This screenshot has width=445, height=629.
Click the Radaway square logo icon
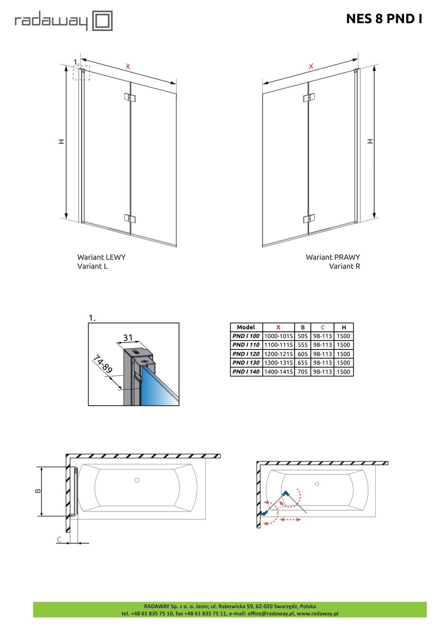coord(103,22)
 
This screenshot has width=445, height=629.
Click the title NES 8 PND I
coord(384,19)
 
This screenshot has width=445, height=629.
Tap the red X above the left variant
coord(128,66)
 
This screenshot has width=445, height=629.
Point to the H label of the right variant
coord(370,142)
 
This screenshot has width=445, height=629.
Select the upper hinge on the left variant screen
coord(128,97)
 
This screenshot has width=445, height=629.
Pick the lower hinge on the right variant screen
coord(309,218)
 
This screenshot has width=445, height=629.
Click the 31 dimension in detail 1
coord(128,337)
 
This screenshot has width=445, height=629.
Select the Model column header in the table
coord(246,327)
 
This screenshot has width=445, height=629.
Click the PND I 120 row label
coord(246,354)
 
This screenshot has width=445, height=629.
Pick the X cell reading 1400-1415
coord(278,372)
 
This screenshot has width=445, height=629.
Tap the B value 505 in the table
coord(302,336)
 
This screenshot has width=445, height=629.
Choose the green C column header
coord(323,327)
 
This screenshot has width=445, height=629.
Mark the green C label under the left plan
coord(59,540)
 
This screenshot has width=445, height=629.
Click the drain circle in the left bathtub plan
coord(137,480)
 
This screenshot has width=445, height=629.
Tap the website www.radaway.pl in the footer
coord(317,614)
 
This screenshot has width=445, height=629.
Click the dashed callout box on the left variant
coord(81,72)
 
